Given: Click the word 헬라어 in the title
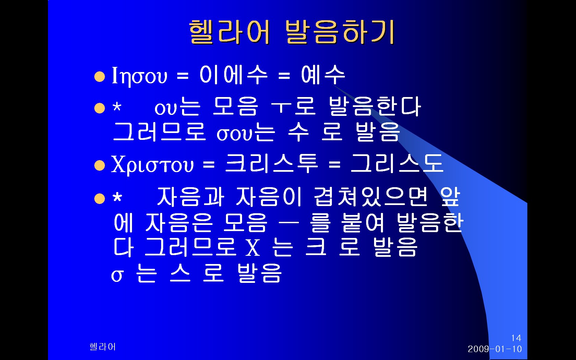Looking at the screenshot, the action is pyautogui.click(x=229, y=32).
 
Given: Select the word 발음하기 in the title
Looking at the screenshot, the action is pyautogui.click(x=340, y=32).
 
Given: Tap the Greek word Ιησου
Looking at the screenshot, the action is pyautogui.click(x=139, y=75).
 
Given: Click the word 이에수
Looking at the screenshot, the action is pyautogui.click(x=233, y=75).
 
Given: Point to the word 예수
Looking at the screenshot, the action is pyautogui.click(x=323, y=75).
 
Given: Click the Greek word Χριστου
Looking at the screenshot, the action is pyautogui.click(x=152, y=165).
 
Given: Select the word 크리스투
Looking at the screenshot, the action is pyautogui.click(x=272, y=164).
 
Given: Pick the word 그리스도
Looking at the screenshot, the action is pyautogui.click(x=397, y=164).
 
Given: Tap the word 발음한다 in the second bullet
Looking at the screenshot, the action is pyautogui.click(x=375, y=106).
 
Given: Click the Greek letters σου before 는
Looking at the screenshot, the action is pyautogui.click(x=234, y=134).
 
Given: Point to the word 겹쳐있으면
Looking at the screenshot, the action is pyautogui.click(x=371, y=197).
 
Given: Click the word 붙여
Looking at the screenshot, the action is pyautogui.click(x=363, y=223).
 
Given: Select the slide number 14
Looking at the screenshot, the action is pyautogui.click(x=516, y=338).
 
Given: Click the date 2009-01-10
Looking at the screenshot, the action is pyautogui.click(x=495, y=349).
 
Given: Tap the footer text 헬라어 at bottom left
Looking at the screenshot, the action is pyautogui.click(x=102, y=347).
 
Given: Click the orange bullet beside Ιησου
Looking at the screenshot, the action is pyautogui.click(x=99, y=77).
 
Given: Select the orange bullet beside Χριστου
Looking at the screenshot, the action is pyautogui.click(x=99, y=165).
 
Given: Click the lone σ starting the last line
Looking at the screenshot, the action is pyautogui.click(x=117, y=276).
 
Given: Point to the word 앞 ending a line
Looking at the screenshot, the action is pyautogui.click(x=450, y=197).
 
